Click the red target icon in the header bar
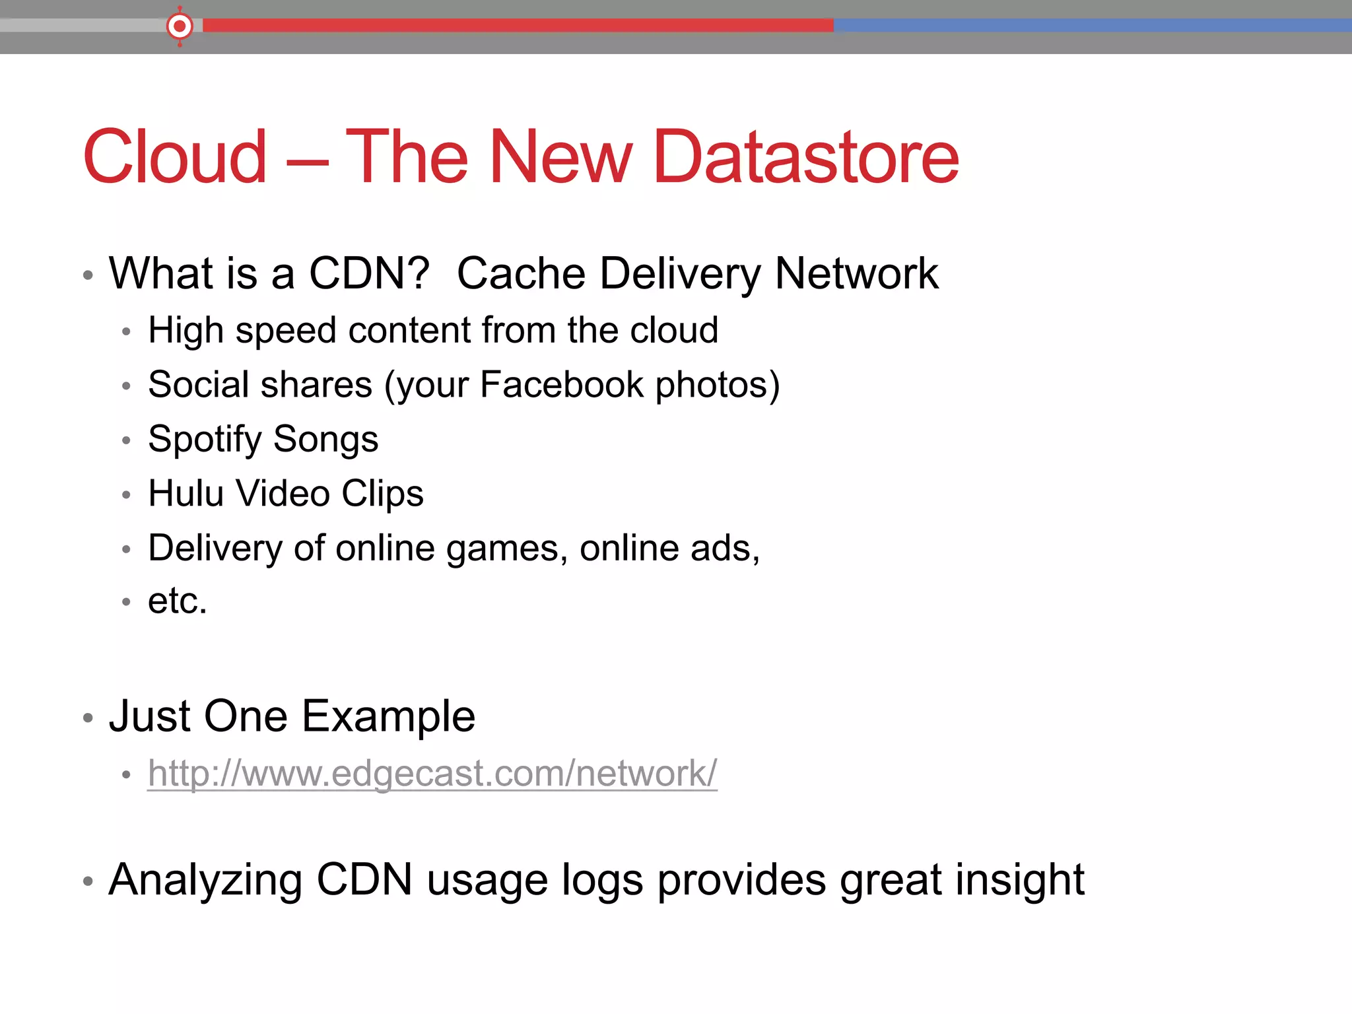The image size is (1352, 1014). pyautogui.click(x=180, y=26)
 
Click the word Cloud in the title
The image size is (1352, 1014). pyautogui.click(x=175, y=157)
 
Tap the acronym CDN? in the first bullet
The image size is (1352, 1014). pyautogui.click(x=369, y=273)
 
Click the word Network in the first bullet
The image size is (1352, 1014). pyautogui.click(x=856, y=273)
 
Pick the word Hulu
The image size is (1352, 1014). pyautogui.click(x=186, y=493)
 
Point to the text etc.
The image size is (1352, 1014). pyautogui.click(x=177, y=601)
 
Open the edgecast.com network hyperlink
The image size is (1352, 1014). pyautogui.click(x=432, y=773)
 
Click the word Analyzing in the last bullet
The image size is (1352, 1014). pyautogui.click(x=205, y=881)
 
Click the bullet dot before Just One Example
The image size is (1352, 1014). pyautogui.click(x=88, y=718)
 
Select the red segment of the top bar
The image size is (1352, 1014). pyautogui.click(x=518, y=26)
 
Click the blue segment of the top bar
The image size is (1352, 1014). pyautogui.click(x=1093, y=26)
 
